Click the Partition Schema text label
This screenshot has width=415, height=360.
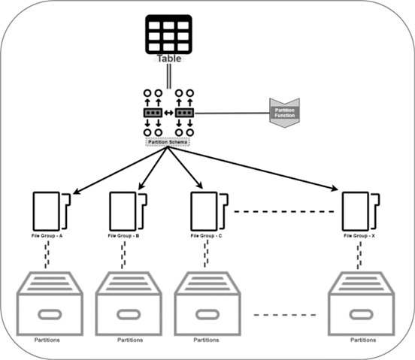click(167, 141)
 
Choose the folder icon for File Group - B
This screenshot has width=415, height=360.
click(126, 211)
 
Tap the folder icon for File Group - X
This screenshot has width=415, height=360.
click(359, 211)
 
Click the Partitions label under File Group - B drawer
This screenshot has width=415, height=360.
click(129, 340)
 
